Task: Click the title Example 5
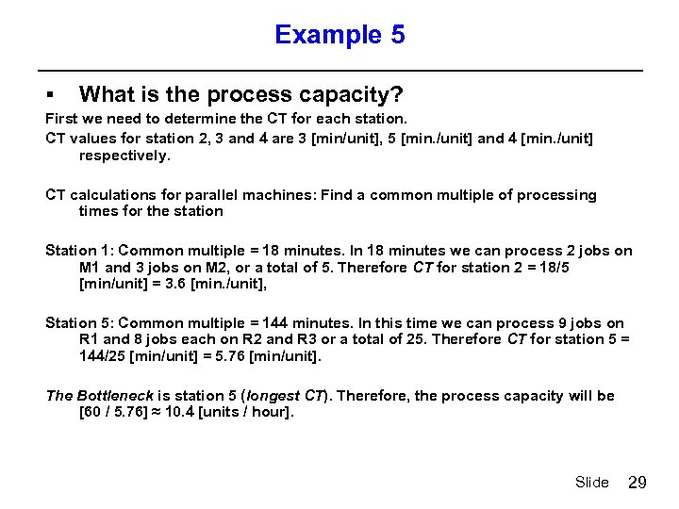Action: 339,36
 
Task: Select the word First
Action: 62,120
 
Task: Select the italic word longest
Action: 275,396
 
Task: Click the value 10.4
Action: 180,413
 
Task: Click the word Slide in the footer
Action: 592,483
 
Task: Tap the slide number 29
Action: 638,483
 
